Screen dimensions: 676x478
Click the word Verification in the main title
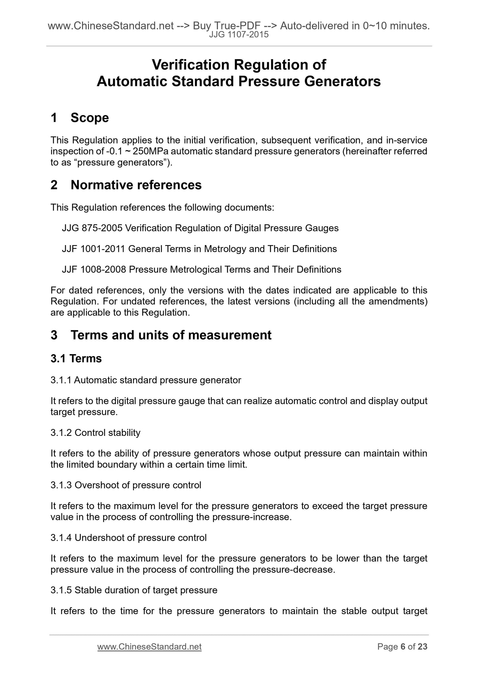coord(190,65)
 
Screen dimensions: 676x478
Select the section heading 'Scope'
coord(90,118)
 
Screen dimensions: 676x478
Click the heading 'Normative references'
coord(136,185)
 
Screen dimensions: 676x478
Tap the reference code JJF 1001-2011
coord(93,249)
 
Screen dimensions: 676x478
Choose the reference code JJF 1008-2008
coord(94,270)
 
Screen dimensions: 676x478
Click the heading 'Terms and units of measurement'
coord(171,335)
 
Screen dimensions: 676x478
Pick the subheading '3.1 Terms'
coord(76,359)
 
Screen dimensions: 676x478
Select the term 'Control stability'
coord(108,433)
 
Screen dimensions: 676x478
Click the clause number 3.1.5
coord(61,590)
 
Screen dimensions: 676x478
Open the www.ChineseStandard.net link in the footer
coord(149,647)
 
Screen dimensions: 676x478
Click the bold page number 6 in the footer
coord(403,647)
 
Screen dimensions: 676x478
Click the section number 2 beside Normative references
coord(54,185)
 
